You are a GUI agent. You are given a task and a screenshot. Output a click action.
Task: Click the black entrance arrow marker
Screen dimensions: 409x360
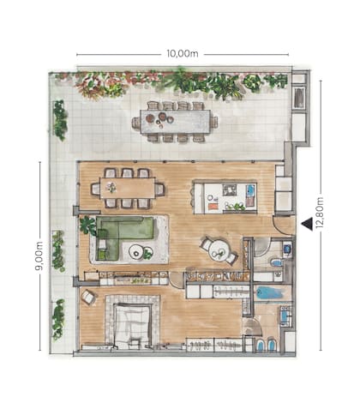point(306,224)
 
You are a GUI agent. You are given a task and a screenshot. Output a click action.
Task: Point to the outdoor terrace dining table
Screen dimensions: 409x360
point(175,122)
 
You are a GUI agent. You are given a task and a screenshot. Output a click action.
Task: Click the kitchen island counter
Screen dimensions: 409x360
point(223,196)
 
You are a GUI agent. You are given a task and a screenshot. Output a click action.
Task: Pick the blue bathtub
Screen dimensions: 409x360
point(269,293)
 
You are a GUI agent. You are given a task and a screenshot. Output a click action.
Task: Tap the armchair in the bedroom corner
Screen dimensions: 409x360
point(88,297)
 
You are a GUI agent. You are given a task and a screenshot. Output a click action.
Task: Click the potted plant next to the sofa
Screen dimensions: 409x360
point(87,226)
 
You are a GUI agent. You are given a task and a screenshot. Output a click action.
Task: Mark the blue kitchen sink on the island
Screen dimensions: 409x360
point(249,191)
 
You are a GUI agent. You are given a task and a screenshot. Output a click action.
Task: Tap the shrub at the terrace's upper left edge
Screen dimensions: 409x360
point(60,119)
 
